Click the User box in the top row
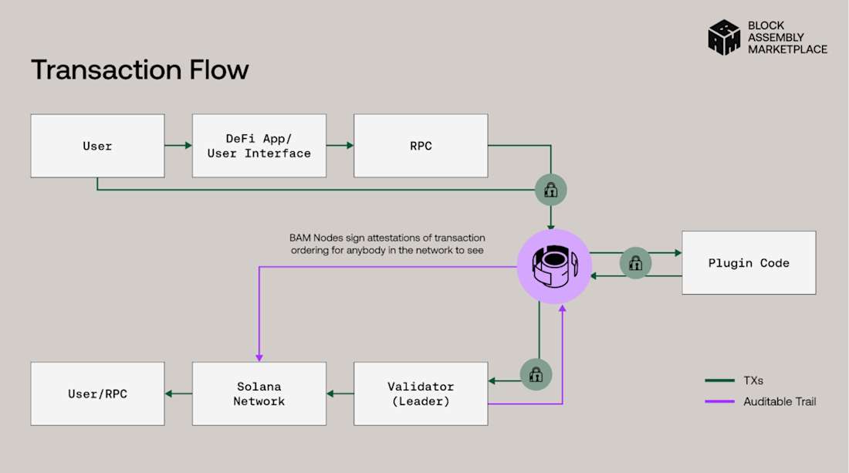coord(97,146)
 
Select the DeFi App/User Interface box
coord(259,146)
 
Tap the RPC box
coord(421,146)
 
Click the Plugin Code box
coord(749,262)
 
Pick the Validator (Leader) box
coord(421,394)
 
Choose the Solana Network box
coord(259,394)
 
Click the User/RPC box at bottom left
coord(97,394)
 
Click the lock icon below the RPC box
coord(551,189)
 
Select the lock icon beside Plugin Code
coord(636,263)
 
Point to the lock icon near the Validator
coord(536,375)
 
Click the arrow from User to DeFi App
coord(178,145)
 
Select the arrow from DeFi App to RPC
coord(340,145)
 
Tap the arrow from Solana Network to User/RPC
coord(178,394)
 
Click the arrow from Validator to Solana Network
coord(340,394)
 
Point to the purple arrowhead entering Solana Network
coord(259,357)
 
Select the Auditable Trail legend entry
coord(760,401)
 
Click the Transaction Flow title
coord(140,70)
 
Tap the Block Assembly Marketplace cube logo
coord(724,37)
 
